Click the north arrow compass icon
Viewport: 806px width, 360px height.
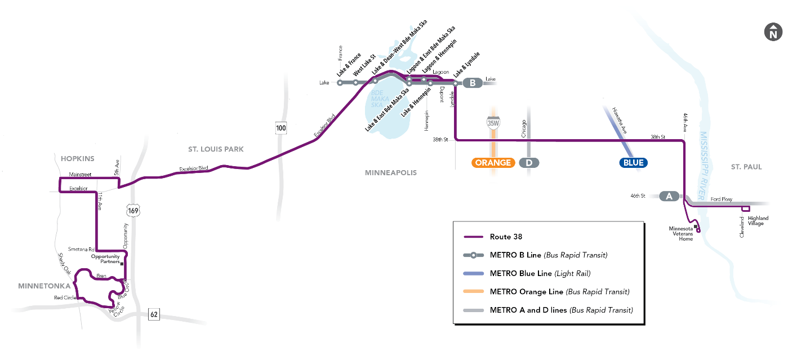[773, 32]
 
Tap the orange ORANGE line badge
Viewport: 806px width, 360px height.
[493, 163]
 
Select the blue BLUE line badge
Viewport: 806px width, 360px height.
[633, 163]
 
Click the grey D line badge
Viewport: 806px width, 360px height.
[529, 163]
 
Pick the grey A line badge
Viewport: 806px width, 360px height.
[669, 196]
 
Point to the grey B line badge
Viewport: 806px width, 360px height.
[473, 83]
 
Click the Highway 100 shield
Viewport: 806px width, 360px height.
[281, 128]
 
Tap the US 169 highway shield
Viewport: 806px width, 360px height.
[133, 211]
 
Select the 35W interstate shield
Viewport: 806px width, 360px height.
[493, 123]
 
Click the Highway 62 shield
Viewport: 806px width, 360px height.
[154, 314]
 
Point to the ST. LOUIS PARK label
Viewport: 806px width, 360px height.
[216, 149]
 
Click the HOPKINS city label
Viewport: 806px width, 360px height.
[77, 158]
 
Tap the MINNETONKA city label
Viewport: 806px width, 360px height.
[44, 286]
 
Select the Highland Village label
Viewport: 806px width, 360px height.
[758, 221]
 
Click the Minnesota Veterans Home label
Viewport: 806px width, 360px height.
[681, 234]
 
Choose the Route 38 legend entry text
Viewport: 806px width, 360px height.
[506, 237]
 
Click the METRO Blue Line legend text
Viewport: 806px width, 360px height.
[540, 274]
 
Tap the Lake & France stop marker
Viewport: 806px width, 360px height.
[340, 83]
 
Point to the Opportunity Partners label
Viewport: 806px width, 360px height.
[105, 259]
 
